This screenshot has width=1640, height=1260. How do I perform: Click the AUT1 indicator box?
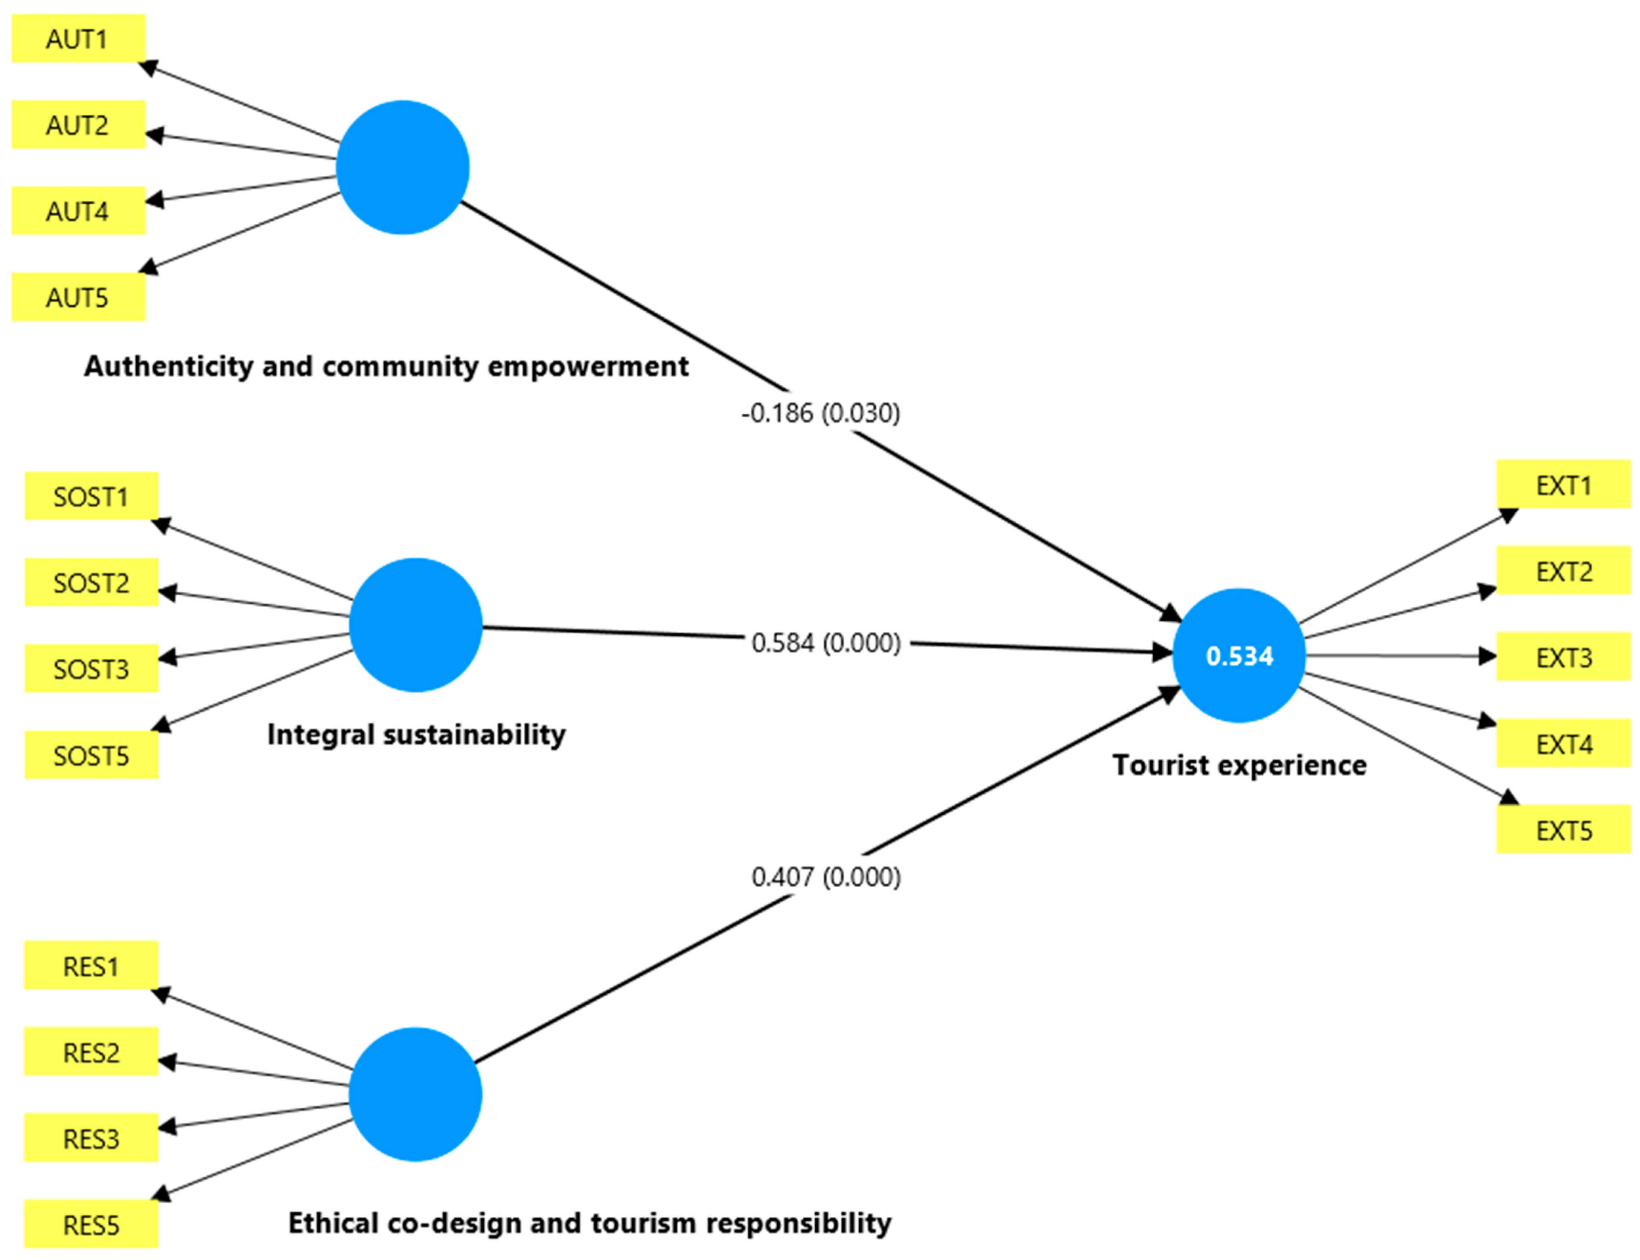pos(78,38)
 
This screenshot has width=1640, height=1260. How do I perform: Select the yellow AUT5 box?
pos(78,297)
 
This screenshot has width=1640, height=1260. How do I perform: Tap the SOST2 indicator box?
pos(92,582)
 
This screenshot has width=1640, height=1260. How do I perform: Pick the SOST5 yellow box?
pos(92,754)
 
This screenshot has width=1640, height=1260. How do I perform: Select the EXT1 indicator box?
pos(1564,484)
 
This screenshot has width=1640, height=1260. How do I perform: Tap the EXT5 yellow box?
pos(1564,830)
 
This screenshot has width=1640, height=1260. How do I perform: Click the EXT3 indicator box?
pos(1564,657)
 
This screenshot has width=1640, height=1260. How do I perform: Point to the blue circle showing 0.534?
pos(1239,655)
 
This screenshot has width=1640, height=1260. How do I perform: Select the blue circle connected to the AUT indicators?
pos(403,167)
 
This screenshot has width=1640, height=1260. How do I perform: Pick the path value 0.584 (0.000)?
pos(826,643)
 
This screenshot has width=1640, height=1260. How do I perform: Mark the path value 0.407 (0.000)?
pos(826,877)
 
